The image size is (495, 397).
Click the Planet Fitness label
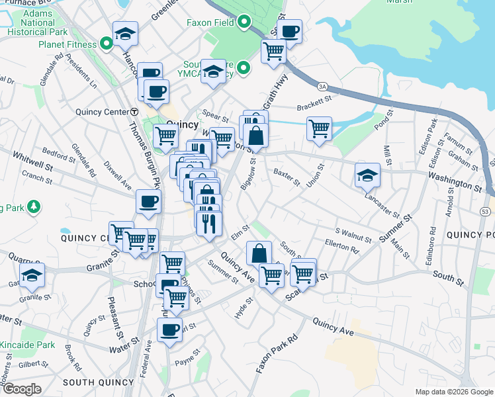tap(66, 45)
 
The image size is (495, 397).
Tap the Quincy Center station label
tap(103, 112)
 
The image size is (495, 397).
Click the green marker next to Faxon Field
tap(244, 24)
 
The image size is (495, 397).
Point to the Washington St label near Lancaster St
tap(455, 181)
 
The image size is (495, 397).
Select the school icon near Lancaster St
tap(367, 175)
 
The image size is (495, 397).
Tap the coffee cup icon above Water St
tap(170, 330)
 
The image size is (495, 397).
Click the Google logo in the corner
tap(22, 388)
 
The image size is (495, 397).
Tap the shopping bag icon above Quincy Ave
tap(259, 253)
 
